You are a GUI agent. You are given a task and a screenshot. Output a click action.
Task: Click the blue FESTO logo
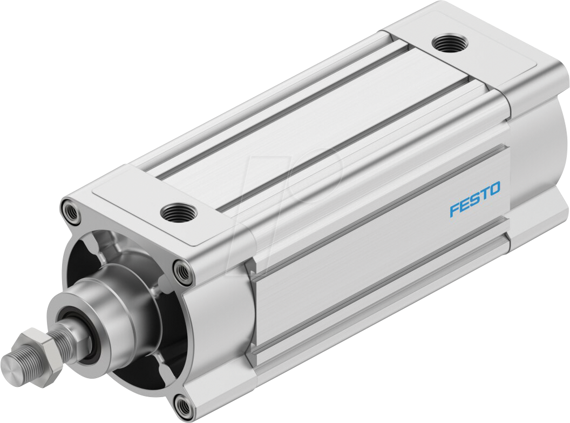pyautogui.click(x=475, y=199)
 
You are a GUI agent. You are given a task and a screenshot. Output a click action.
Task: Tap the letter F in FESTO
pyautogui.click(x=454, y=210)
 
